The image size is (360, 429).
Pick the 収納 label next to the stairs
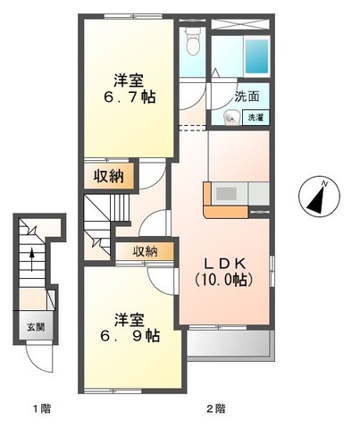(x=146, y=252)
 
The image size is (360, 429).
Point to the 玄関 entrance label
(x=31, y=327)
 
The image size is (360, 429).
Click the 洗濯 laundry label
(x=255, y=117)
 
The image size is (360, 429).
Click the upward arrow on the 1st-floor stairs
(x=32, y=259)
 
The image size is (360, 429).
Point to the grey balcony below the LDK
(x=228, y=343)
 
